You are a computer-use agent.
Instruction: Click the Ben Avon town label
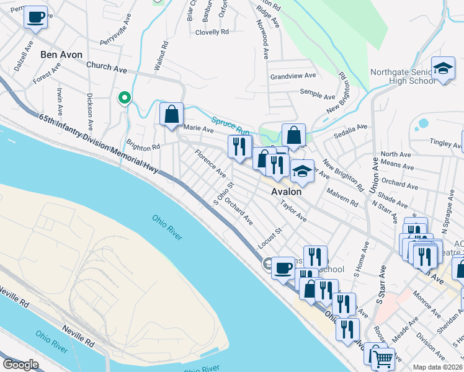coord(61,55)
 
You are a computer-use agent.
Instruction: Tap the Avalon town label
coord(286,192)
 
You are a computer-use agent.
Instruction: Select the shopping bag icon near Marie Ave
coord(171,114)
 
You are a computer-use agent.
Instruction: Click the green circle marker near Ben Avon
coord(125,97)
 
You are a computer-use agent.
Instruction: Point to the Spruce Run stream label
coord(230,127)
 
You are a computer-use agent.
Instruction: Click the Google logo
coord(20,365)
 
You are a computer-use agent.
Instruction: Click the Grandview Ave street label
coord(293,76)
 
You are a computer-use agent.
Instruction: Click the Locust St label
coord(270,239)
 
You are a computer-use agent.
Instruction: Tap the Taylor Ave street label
coord(293,211)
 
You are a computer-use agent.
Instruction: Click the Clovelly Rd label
coord(212,32)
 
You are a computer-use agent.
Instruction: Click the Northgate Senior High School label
coord(403,76)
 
